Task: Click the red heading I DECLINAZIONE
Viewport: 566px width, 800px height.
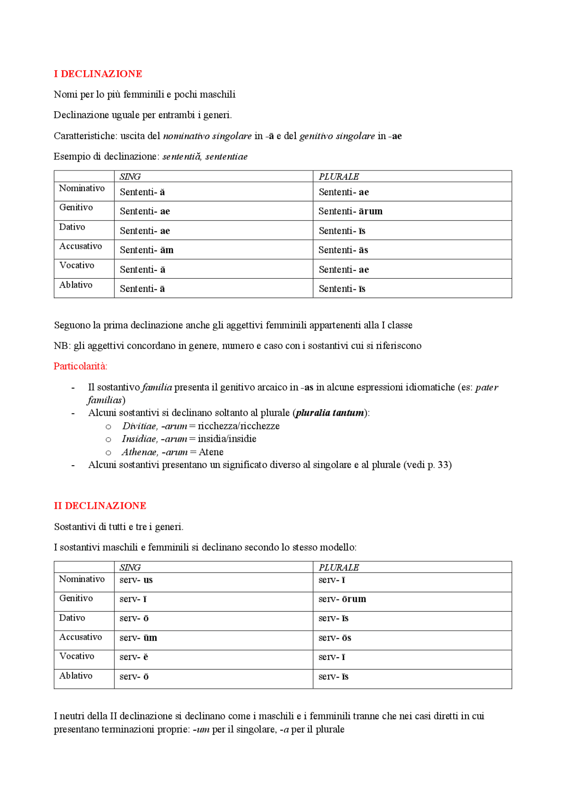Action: tap(98, 74)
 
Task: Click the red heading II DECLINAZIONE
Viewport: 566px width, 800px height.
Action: tap(100, 506)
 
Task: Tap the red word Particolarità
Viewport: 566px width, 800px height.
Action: tap(80, 366)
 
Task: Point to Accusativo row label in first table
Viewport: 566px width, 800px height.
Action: tap(80, 246)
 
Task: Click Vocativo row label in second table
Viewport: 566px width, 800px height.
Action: tap(76, 656)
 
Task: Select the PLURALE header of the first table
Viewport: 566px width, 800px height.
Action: tap(339, 177)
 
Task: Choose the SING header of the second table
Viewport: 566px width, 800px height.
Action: tap(130, 567)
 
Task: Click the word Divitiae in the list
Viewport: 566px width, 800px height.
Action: tap(139, 426)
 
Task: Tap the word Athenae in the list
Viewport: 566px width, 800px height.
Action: tap(139, 452)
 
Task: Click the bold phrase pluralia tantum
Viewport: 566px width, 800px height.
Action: tap(330, 413)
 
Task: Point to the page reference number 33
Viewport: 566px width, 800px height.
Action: tap(444, 465)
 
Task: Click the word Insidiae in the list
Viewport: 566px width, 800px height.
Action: tap(139, 439)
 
